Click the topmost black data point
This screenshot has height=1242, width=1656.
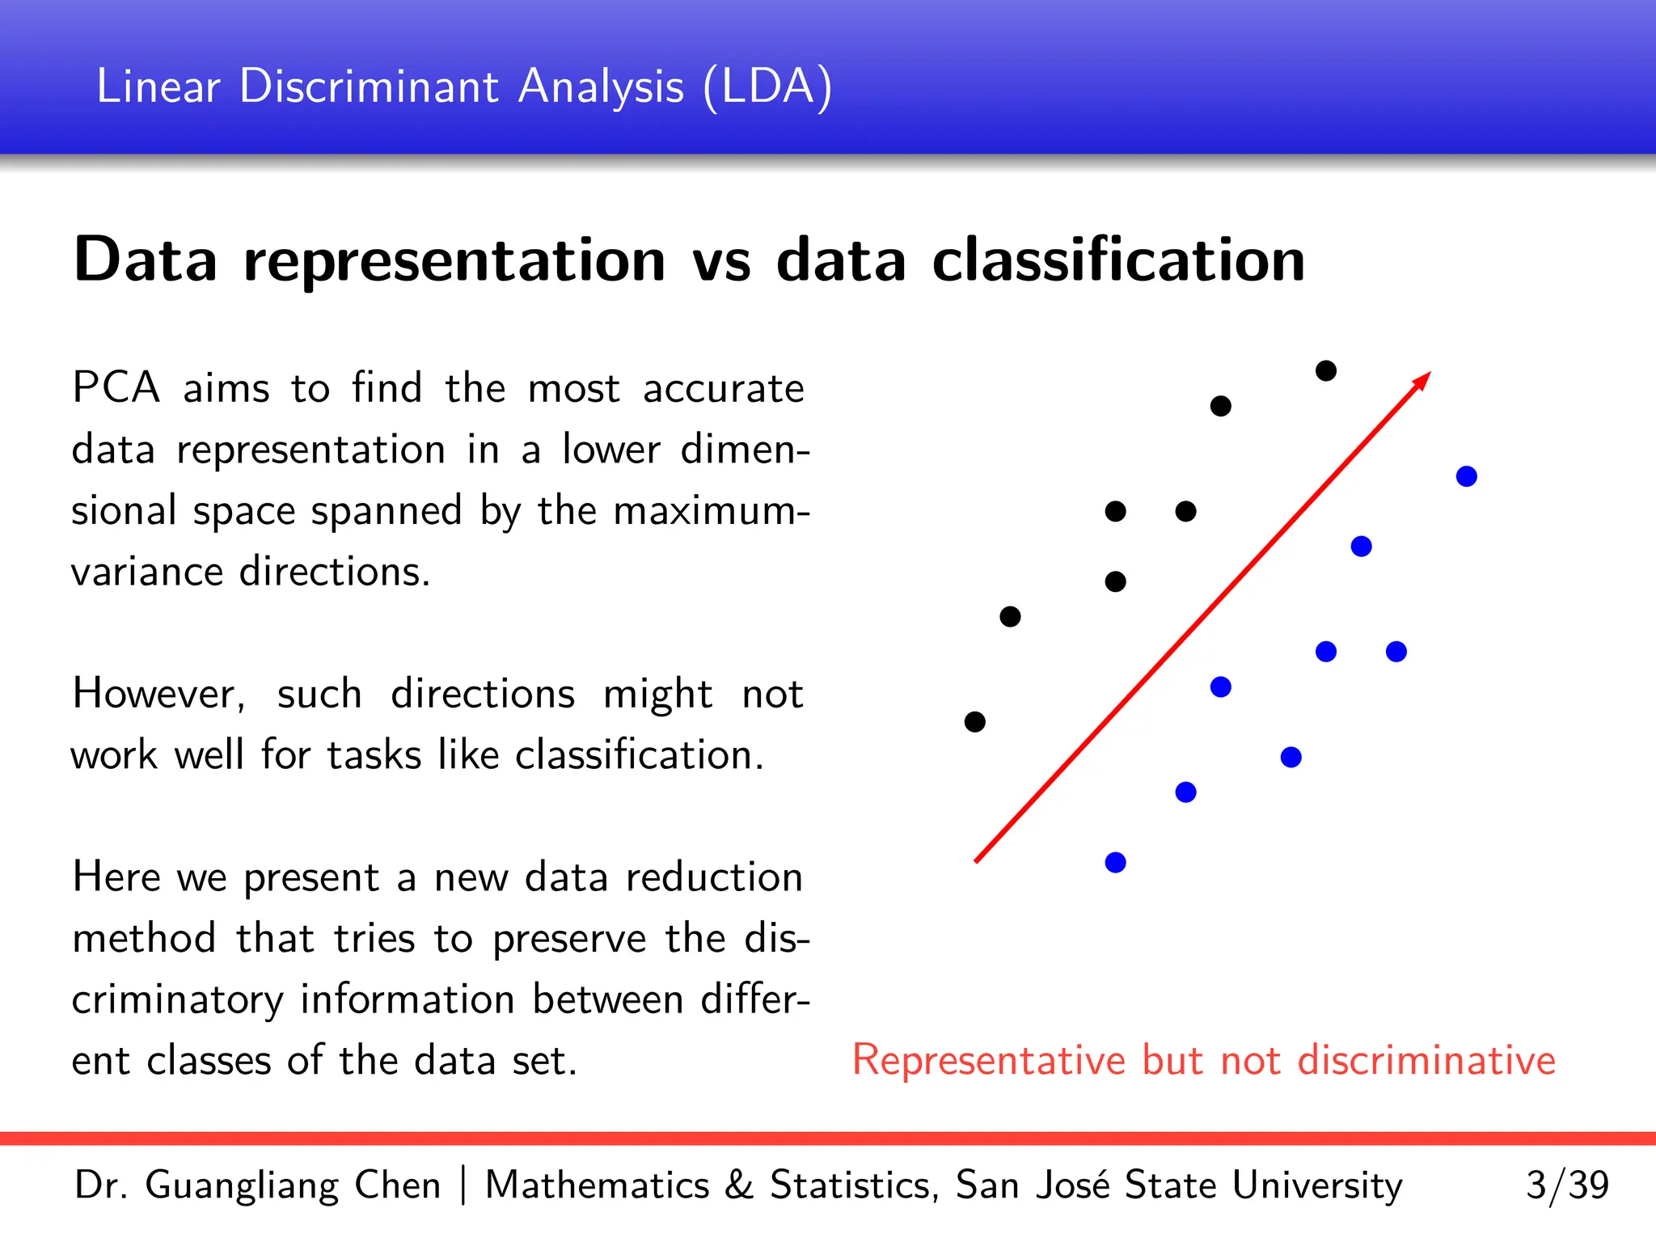[1326, 370]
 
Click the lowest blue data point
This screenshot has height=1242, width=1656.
[1115, 862]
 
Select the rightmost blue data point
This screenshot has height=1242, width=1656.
[1466, 476]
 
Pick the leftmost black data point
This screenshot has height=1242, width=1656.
[975, 721]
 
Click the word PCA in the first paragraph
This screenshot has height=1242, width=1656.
[116, 388]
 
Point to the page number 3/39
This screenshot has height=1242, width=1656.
[1566, 1185]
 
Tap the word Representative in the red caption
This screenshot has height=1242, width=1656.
[988, 1060]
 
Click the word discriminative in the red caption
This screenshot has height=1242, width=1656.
[1426, 1060]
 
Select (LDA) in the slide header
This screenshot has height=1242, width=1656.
[767, 87]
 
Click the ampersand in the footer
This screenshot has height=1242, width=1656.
[737, 1185]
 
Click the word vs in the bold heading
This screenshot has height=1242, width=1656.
[720, 263]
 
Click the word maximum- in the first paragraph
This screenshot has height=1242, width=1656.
[711, 511]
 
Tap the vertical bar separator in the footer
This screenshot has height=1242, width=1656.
[463, 1185]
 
